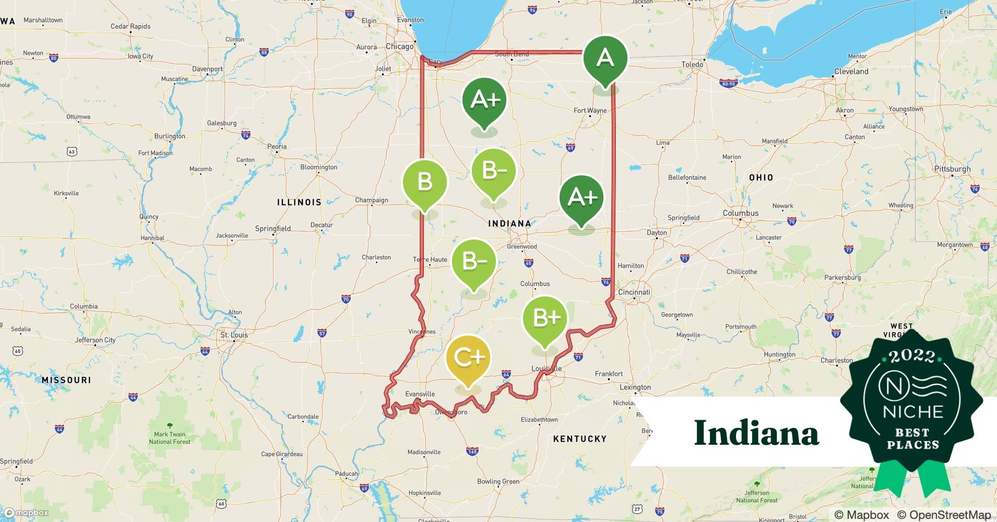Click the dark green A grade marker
[x=605, y=58]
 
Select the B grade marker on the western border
[x=424, y=182]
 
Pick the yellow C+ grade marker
[x=468, y=358]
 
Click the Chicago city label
[x=399, y=46]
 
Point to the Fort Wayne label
[x=590, y=111]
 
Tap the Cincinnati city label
[x=634, y=292]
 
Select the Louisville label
[x=546, y=369]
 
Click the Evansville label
[x=420, y=394]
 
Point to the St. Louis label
[x=234, y=335]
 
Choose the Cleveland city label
[x=851, y=72]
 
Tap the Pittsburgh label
[x=953, y=169]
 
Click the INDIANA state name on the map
[x=509, y=223]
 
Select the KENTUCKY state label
[x=579, y=439]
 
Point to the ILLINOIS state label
[x=299, y=202]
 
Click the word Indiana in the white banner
[x=756, y=433]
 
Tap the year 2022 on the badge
[x=912, y=356]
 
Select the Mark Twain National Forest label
[x=170, y=437]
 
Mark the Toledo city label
[x=692, y=65]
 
